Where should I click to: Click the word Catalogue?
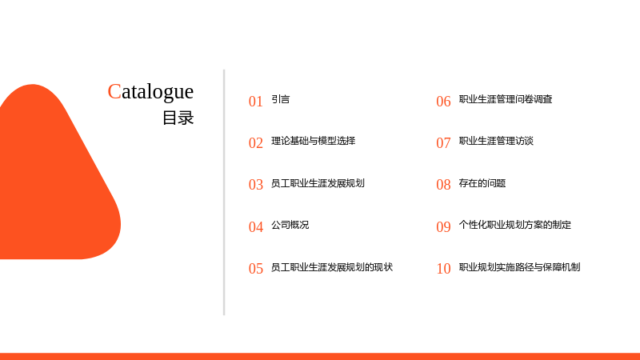point(150,92)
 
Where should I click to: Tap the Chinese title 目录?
point(178,118)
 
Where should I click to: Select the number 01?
point(256,102)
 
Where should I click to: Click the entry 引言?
point(281,99)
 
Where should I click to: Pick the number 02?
point(256,143)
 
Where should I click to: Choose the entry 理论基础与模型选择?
point(314,141)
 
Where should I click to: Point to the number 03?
point(256,185)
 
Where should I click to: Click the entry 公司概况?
point(290,225)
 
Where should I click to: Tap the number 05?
point(256,269)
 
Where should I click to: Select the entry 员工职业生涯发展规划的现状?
point(332,267)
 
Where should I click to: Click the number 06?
point(443,102)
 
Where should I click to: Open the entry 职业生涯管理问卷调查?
point(506,99)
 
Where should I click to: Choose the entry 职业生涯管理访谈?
point(496,141)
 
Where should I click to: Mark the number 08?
point(443,185)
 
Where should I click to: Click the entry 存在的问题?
point(482,183)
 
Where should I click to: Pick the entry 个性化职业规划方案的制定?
point(514,225)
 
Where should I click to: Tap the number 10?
point(443,269)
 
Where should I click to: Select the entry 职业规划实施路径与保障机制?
point(519,267)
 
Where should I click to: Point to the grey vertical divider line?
point(224,192)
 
